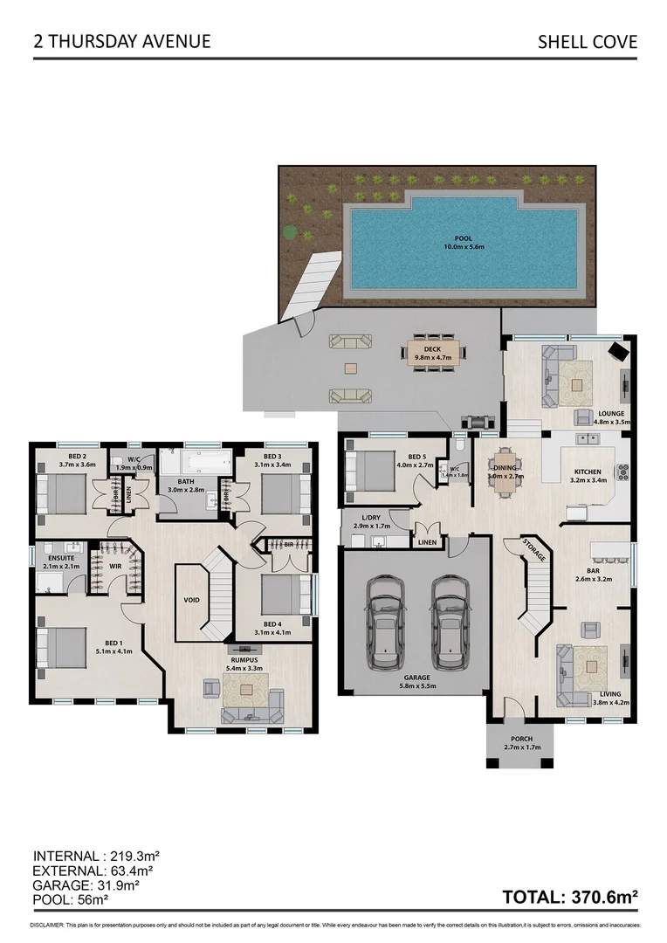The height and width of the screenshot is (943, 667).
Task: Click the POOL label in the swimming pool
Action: (x=463, y=242)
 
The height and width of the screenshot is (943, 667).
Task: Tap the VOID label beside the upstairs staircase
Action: (x=192, y=602)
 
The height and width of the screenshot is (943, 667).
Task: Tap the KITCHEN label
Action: (x=588, y=472)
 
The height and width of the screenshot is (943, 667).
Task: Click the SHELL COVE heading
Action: (x=587, y=41)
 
